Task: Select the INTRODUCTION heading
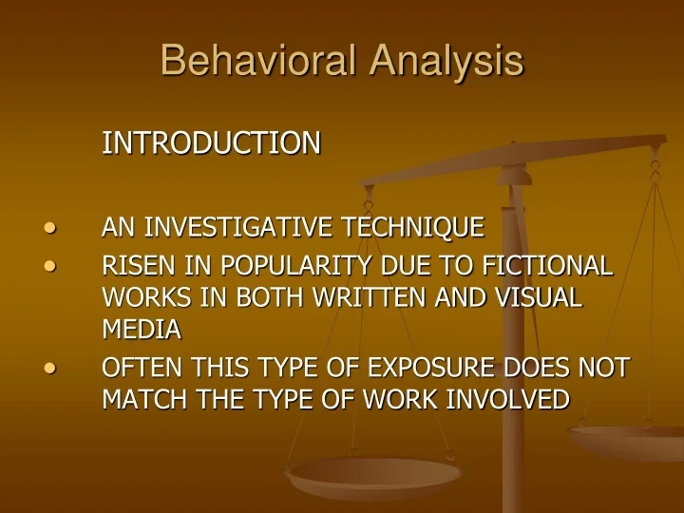(211, 143)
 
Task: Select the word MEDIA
(141, 329)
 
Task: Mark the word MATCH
(141, 399)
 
